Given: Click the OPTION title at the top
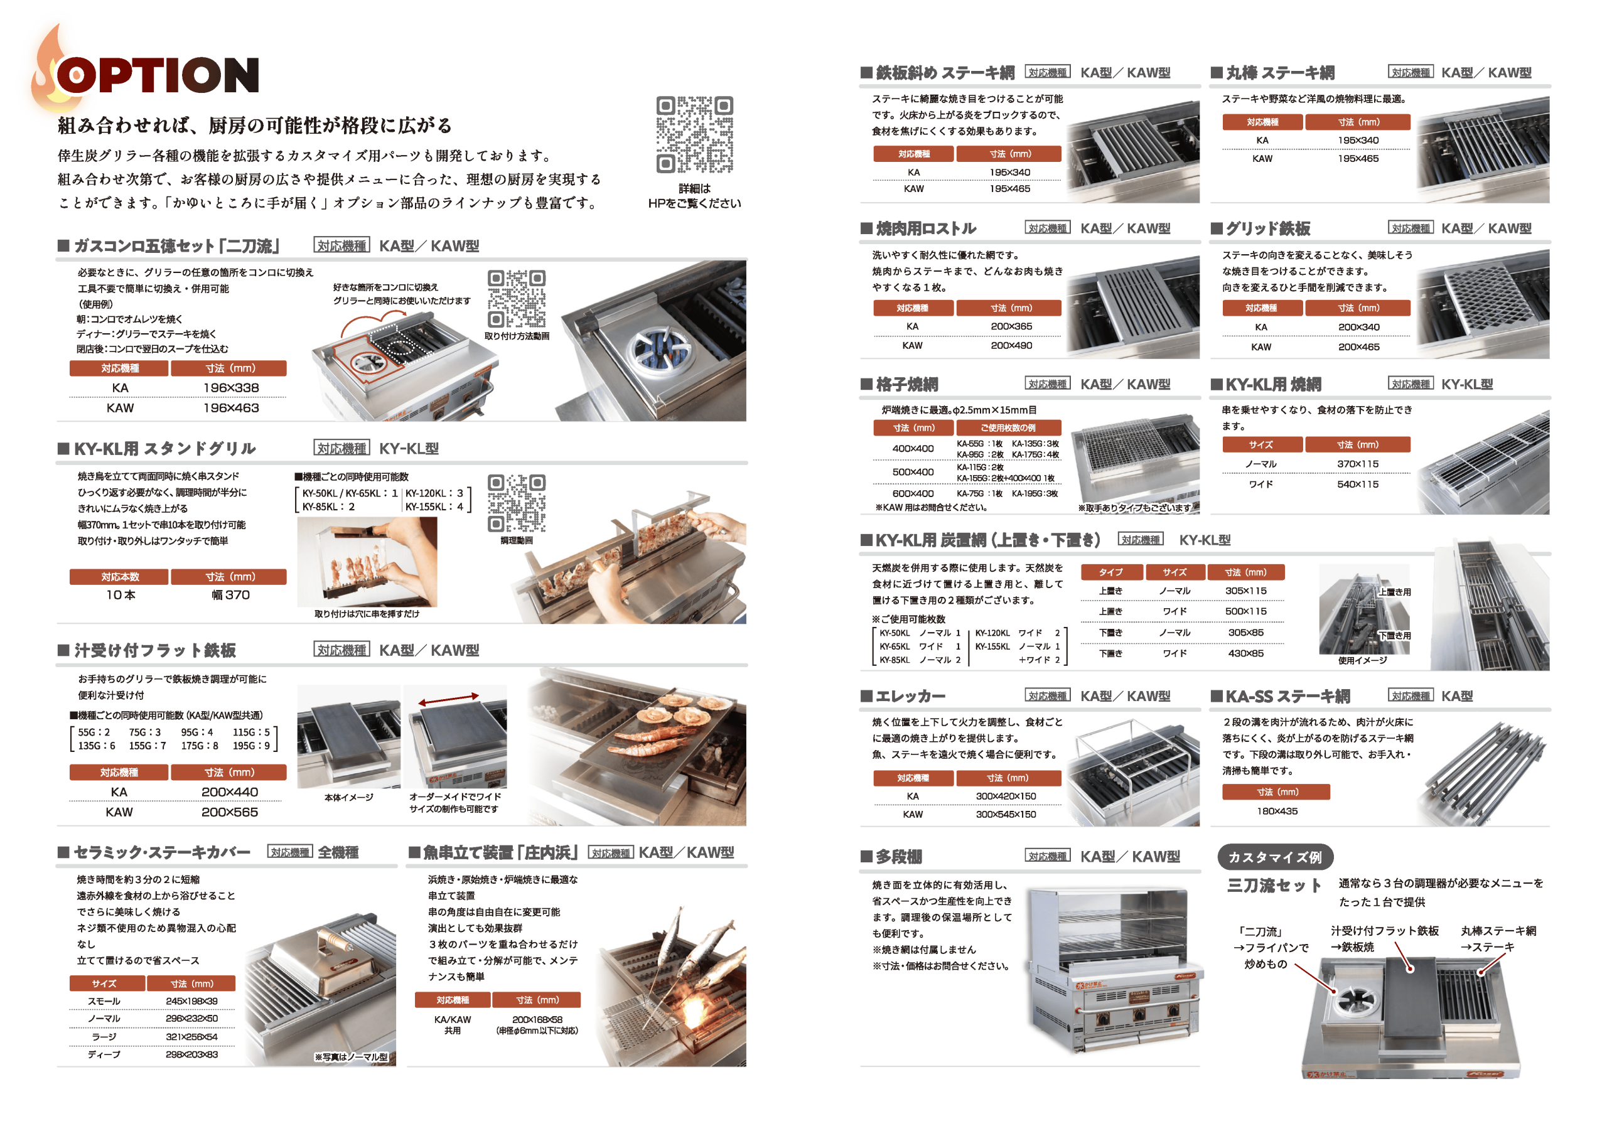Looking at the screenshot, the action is (x=158, y=75).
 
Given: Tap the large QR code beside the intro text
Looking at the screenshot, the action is (x=694, y=134).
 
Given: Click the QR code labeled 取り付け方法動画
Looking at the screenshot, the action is (x=517, y=299).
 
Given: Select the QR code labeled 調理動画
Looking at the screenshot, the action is (x=517, y=503).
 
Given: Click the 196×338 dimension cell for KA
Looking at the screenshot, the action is (x=231, y=388).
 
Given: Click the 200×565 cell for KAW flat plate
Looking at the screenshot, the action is (x=230, y=812).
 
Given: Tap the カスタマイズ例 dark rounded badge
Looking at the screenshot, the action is (x=1275, y=857).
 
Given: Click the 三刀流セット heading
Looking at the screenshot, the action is (x=1274, y=886).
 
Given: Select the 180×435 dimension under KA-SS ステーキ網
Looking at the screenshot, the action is (x=1277, y=812).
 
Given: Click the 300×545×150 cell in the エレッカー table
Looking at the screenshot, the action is (x=1006, y=814).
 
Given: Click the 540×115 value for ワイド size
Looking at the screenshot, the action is (x=1357, y=484).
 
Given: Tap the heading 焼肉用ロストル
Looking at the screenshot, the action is (x=926, y=228).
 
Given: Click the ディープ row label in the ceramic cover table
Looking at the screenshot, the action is (x=104, y=1054).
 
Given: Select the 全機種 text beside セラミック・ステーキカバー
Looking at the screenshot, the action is (x=338, y=852).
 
